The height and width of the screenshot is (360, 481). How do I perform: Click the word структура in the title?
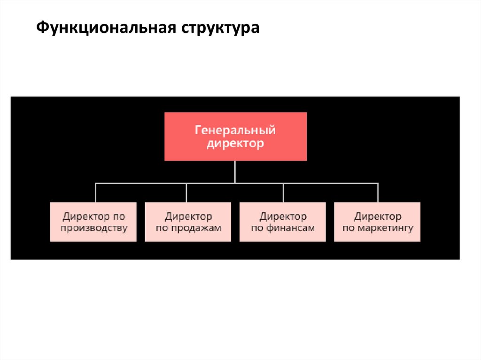tap(218, 28)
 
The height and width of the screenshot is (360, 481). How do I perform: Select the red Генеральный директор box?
tap(235, 136)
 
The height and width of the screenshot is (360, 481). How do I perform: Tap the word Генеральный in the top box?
tap(235, 130)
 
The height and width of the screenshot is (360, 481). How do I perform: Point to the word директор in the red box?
tap(235, 143)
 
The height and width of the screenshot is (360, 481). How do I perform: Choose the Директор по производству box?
tap(93, 222)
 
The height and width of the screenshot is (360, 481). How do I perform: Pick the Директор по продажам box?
tap(188, 222)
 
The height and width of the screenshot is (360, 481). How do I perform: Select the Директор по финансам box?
tap(283, 222)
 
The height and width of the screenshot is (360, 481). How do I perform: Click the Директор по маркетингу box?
tap(377, 222)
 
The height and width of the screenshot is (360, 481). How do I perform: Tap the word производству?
tap(94, 229)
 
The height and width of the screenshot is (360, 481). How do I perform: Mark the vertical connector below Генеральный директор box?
tap(235, 171)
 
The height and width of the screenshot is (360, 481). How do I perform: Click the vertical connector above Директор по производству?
tap(95, 192)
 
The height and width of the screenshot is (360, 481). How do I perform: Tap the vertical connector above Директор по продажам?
tap(186, 192)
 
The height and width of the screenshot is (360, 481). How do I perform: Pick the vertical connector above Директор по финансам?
tap(283, 192)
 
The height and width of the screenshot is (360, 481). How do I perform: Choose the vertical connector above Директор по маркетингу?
tap(378, 192)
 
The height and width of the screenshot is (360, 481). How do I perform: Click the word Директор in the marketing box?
tap(378, 216)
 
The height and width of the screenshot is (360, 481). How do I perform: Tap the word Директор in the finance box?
tap(283, 216)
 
